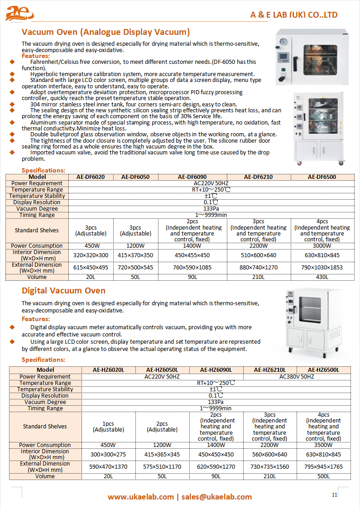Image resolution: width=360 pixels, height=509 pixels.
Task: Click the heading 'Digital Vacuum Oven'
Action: (x=63, y=291)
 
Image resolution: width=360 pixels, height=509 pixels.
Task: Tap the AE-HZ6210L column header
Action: (x=269, y=370)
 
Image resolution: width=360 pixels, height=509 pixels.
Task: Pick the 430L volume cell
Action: (x=322, y=277)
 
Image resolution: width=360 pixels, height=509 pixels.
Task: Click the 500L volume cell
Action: (x=323, y=476)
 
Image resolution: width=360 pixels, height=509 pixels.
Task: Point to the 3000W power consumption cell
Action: (x=322, y=246)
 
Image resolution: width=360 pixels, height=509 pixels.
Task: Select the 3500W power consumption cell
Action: (x=323, y=445)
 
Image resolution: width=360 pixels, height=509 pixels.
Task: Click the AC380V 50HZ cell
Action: (x=297, y=376)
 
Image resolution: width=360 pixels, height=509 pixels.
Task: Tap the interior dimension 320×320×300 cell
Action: (x=91, y=255)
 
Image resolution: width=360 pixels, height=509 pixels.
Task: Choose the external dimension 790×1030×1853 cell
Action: (x=322, y=268)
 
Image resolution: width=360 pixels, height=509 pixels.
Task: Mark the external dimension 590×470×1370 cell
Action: (x=108, y=466)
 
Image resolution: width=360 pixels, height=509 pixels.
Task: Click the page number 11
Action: (x=335, y=495)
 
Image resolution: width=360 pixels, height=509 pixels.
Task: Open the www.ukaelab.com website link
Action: (x=140, y=497)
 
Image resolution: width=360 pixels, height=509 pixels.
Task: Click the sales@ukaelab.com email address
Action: (x=216, y=497)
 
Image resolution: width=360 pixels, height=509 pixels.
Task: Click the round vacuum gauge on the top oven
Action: (x=284, y=42)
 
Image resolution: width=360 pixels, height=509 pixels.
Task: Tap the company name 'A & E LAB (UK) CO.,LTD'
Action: (x=294, y=15)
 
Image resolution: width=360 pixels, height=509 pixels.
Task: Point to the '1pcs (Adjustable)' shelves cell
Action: (x=108, y=427)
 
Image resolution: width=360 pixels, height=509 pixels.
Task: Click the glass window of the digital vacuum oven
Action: (x=311, y=310)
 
